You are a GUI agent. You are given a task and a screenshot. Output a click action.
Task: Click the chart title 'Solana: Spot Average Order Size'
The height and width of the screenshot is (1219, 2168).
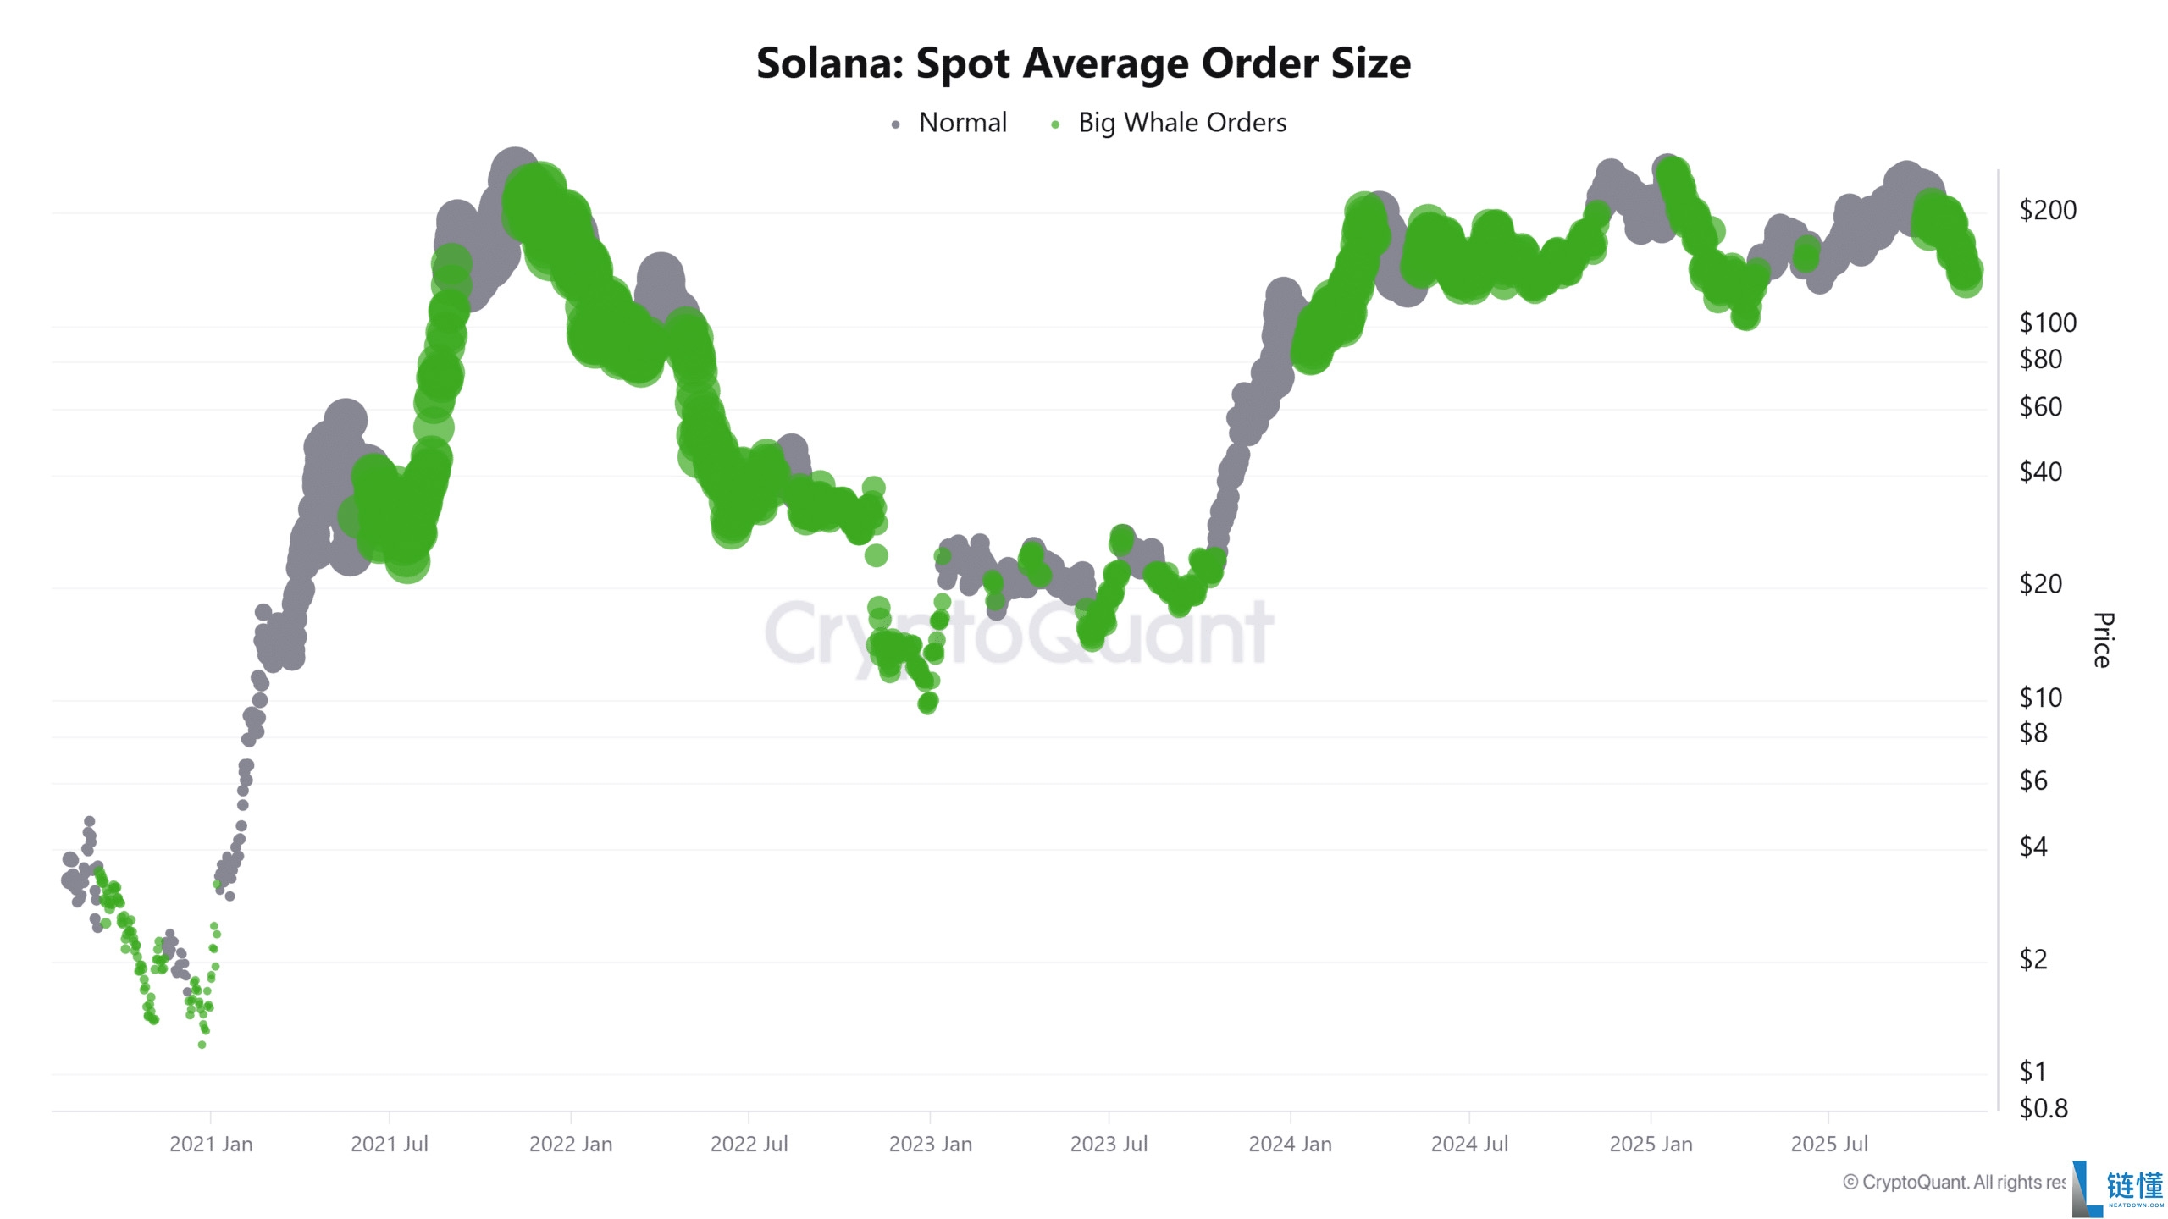pos(1083,63)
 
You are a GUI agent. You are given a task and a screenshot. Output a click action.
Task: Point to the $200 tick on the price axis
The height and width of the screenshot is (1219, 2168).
pos(2047,210)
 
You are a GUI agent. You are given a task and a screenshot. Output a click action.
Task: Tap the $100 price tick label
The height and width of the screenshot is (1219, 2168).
pos(2047,323)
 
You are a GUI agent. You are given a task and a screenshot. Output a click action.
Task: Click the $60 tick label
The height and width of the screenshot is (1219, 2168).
pos(2040,407)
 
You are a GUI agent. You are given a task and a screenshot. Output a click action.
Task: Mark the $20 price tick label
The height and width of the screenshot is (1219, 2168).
pos(2040,584)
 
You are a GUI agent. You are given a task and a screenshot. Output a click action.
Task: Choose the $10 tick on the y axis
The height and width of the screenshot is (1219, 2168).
pos(2040,698)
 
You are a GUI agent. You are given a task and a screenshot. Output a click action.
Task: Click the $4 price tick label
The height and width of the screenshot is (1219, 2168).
pos(2032,847)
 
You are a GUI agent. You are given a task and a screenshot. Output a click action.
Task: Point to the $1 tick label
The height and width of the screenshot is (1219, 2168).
pos(2032,1072)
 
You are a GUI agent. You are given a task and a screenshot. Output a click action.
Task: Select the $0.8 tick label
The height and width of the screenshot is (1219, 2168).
pos(2043,1108)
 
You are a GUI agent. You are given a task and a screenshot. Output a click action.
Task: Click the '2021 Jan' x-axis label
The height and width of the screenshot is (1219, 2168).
pos(211,1145)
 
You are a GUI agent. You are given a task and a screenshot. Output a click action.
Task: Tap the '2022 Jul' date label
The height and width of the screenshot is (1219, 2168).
pos(749,1145)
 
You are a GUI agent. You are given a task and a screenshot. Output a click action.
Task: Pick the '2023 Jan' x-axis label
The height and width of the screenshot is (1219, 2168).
pos(930,1145)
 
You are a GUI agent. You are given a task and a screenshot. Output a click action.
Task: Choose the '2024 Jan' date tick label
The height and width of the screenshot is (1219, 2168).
pos(1290,1145)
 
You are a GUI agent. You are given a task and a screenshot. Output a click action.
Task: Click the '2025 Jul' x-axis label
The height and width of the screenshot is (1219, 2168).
pos(1828,1145)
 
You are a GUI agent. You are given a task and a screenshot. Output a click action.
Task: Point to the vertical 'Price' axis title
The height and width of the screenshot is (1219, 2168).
pos(2103,640)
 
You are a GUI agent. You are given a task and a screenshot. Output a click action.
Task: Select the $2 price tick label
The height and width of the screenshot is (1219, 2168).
pos(2032,959)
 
